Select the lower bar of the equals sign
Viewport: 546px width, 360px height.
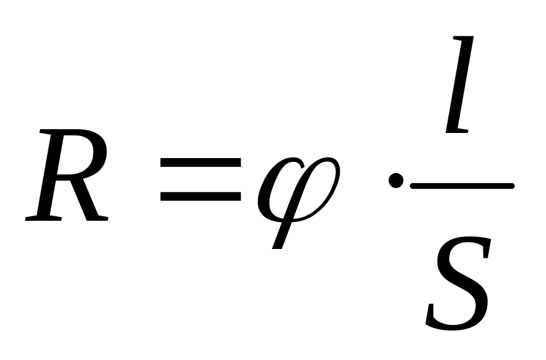201,196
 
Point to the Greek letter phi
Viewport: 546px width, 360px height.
298,188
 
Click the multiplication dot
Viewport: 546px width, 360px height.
395,182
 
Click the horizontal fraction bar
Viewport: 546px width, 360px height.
462,186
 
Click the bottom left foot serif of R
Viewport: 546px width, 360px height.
39,218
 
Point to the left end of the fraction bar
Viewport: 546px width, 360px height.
412,186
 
